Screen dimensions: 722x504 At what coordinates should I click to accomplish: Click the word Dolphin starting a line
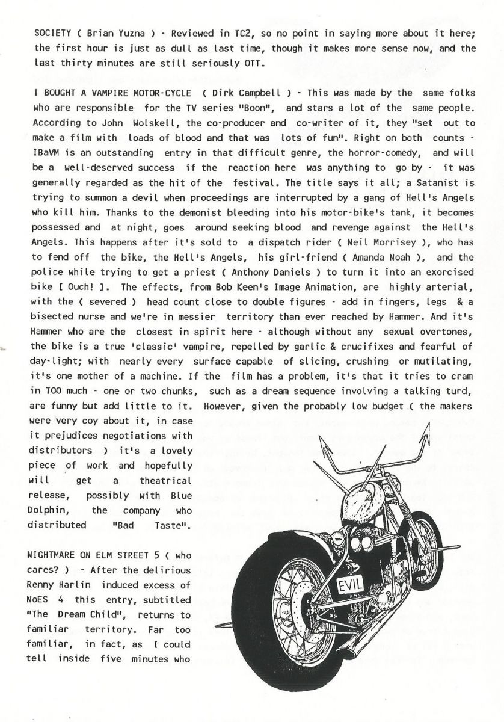coord(54,510)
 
